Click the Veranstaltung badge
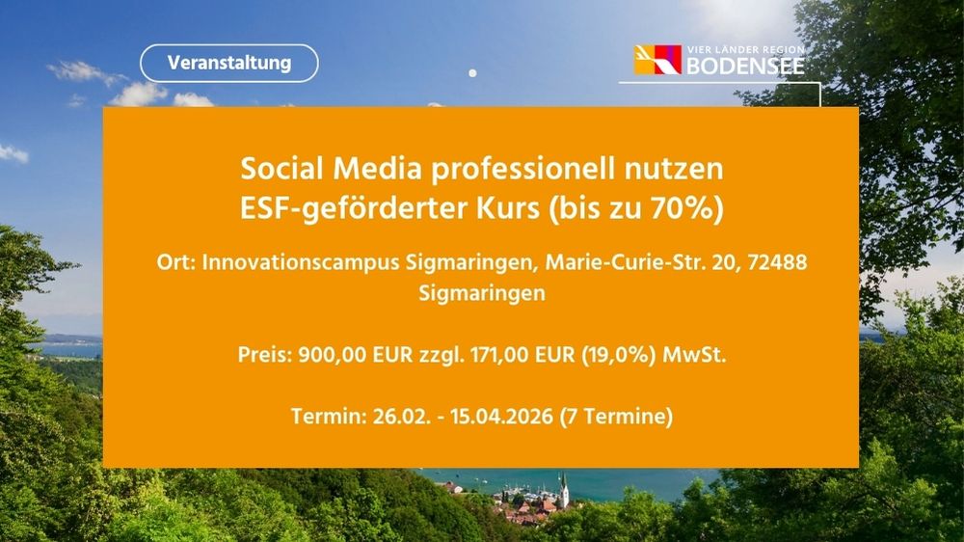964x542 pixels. point(228,63)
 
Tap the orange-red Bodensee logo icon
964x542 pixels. point(656,60)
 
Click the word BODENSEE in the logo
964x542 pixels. point(744,67)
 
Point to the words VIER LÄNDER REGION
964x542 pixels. point(744,49)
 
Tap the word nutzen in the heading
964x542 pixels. point(679,170)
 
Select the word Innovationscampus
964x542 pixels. point(296,263)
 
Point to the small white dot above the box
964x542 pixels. point(472,72)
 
